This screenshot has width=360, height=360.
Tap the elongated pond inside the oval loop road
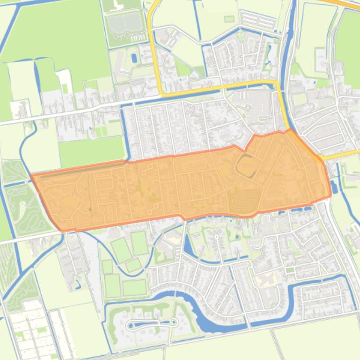tap(153, 323)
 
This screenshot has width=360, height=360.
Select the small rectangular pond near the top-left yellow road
tap(135, 58)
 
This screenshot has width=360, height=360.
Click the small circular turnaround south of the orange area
tap(216, 238)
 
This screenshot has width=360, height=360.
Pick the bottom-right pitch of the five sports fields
tap(134, 287)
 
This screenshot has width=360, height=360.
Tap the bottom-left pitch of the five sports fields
tap(112, 286)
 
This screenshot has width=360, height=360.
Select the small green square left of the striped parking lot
tap(229, 19)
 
